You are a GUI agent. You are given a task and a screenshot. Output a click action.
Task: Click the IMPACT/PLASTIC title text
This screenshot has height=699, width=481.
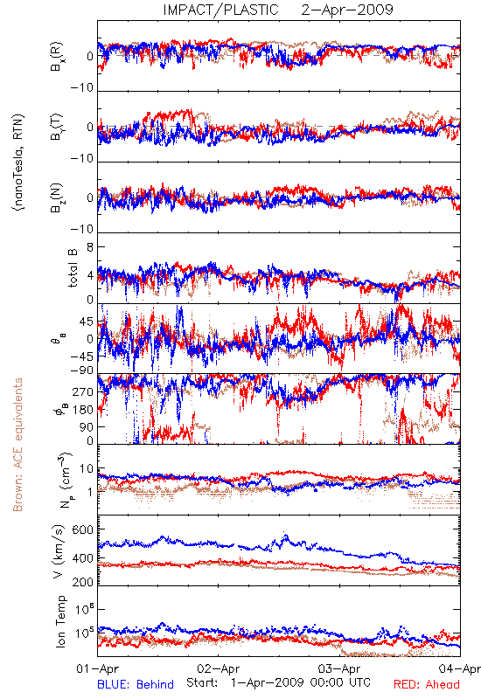(220, 10)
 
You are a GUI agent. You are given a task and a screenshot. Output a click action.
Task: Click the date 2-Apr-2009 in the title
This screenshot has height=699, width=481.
(347, 10)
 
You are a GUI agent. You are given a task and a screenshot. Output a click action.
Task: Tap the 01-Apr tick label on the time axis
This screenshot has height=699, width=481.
(98, 668)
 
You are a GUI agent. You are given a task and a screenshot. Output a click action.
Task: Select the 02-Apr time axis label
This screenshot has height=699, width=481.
(218, 668)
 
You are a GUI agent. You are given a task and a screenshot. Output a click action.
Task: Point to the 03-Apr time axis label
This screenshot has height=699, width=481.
(339, 668)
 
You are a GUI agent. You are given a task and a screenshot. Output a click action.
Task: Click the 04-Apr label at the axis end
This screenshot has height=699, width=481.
(460, 668)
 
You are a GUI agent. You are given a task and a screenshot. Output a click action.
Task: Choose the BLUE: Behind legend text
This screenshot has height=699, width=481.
(136, 684)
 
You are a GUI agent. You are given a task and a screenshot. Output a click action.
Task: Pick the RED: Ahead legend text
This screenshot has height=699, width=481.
(427, 684)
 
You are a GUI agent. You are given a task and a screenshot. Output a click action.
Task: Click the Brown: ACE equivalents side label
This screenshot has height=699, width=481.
(17, 445)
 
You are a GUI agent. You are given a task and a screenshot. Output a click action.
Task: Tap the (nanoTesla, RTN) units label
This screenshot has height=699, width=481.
(18, 163)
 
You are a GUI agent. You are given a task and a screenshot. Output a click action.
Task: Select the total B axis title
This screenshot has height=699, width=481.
(73, 268)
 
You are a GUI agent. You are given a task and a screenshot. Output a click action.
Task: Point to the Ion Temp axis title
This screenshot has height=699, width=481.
(60, 621)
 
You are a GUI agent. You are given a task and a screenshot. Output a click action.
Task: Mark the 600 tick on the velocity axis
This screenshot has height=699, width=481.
(83, 529)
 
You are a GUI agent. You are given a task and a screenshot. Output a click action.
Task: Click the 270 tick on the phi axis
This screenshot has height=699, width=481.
(83, 391)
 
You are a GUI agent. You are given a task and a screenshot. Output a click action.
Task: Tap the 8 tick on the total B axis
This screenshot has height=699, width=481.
(90, 246)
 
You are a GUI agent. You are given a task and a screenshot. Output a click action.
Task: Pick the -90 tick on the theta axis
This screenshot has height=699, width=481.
(82, 370)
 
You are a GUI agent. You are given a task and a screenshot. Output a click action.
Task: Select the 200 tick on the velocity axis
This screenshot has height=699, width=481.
(83, 582)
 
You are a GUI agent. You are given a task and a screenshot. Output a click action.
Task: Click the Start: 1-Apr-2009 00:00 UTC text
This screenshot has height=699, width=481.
(278, 682)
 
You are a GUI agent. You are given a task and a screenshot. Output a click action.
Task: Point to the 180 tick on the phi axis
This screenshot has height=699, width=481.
(83, 410)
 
